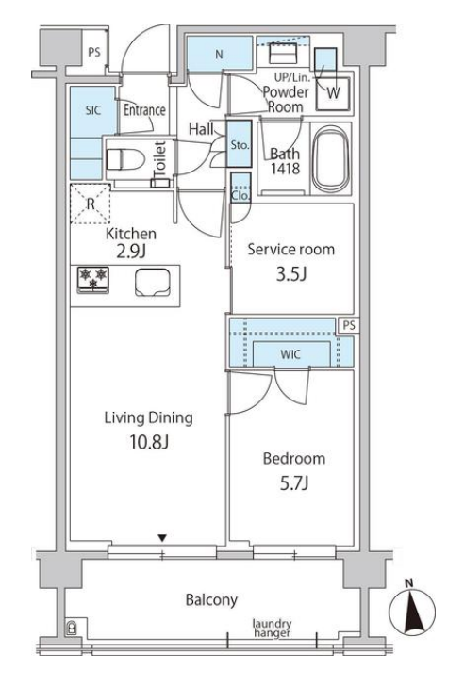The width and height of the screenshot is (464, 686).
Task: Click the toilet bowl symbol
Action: point(124,159)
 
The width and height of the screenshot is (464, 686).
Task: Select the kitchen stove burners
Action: point(93,279)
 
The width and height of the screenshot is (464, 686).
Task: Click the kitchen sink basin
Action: point(153,282)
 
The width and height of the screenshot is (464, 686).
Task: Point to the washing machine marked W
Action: point(334,93)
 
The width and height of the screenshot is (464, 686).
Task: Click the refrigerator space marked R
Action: point(91,204)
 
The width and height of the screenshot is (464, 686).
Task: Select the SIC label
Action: point(93,110)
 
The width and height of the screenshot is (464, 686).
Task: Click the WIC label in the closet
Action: point(290,354)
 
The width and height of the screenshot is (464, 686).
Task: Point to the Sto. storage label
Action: point(240,145)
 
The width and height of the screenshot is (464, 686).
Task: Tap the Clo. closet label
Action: point(240,196)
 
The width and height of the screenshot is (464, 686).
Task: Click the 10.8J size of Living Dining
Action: point(149,442)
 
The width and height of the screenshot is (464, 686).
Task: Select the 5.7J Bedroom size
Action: point(293,483)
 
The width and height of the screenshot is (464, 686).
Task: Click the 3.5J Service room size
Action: point(291,274)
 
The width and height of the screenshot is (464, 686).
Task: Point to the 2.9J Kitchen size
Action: point(131,252)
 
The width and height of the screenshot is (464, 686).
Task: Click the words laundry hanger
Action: point(272,629)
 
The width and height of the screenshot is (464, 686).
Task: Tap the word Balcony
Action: point(211,600)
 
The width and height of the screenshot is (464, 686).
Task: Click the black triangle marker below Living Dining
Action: point(162,538)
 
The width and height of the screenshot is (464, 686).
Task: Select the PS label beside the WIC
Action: point(349,325)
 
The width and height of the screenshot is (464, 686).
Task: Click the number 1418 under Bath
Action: point(285,169)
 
